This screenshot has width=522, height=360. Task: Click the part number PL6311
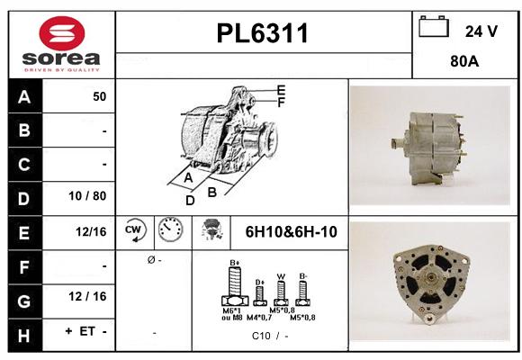pyautogui.click(x=264, y=34)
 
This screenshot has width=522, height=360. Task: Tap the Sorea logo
pyautogui.click(x=60, y=44)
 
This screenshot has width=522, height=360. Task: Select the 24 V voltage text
pyautogui.click(x=481, y=31)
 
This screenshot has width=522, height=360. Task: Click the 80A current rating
pyautogui.click(x=463, y=63)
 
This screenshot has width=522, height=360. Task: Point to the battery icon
pyautogui.click(x=434, y=28)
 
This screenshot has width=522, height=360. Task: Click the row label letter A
pyautogui.click(x=23, y=96)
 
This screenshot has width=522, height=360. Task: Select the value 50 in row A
pyautogui.click(x=99, y=96)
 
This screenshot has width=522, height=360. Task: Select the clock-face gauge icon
pyautogui.click(x=170, y=231)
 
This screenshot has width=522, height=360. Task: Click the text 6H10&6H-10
pyautogui.click(x=291, y=232)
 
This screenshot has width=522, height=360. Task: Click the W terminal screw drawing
pyautogui.click(x=281, y=291)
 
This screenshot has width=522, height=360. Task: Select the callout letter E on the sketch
pyautogui.click(x=281, y=90)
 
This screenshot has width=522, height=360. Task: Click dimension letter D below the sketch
pyautogui.click(x=190, y=201)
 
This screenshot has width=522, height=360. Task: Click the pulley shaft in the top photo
pyautogui.click(x=397, y=144)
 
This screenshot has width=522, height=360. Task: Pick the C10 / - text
pyautogui.click(x=270, y=336)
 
